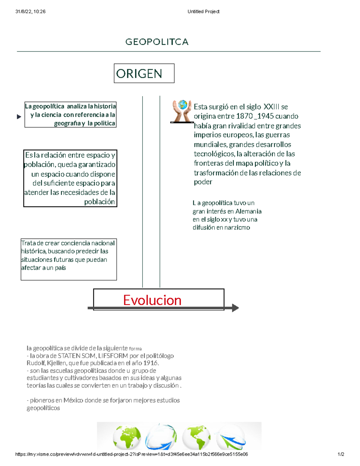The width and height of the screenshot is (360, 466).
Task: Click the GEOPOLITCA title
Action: (157, 42)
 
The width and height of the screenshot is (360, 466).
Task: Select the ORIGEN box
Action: (144, 74)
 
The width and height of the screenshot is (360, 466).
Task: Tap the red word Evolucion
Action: (152, 300)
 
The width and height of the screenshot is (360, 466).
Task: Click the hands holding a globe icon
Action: (182, 111)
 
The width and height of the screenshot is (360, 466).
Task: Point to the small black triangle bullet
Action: (19, 117)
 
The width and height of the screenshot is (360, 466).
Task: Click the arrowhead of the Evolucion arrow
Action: (235, 308)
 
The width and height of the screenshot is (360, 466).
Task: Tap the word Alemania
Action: (248, 211)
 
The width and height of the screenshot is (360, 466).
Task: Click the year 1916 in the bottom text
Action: (150, 363)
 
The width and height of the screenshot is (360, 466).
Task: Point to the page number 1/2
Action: (341, 454)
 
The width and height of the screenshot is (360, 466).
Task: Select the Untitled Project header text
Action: (203, 12)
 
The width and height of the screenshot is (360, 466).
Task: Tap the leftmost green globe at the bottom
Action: (127, 437)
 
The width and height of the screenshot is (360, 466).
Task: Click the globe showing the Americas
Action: (196, 437)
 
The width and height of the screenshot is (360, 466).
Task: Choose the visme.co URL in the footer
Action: (131, 454)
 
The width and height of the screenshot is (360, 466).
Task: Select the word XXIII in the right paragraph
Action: (271, 107)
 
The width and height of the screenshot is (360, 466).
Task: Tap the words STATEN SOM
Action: (77, 356)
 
